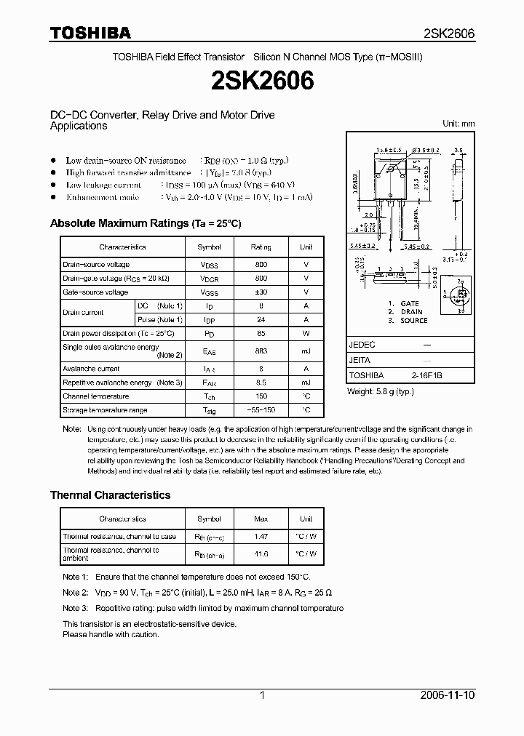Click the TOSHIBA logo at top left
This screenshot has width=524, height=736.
(x=90, y=33)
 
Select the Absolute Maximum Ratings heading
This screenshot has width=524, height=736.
(x=145, y=223)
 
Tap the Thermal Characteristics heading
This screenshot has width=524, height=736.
(x=110, y=495)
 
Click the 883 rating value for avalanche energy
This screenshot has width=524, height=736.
(x=261, y=351)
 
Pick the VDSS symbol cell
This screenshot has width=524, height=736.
(x=210, y=265)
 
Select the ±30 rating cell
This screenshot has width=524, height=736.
(x=261, y=292)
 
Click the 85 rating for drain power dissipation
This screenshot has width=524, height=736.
(x=261, y=334)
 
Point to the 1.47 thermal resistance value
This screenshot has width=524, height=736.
(x=261, y=537)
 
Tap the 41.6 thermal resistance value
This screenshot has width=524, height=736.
(x=261, y=553)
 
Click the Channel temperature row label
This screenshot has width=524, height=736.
(x=95, y=396)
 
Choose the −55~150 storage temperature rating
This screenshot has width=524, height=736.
(x=261, y=410)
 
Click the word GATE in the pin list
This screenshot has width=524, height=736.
(x=410, y=303)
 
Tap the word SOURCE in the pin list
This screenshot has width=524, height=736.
(x=414, y=320)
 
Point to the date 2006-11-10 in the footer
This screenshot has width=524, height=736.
(x=449, y=695)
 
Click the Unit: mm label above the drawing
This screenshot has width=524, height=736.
(x=458, y=124)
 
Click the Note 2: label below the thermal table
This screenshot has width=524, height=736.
(x=75, y=593)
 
